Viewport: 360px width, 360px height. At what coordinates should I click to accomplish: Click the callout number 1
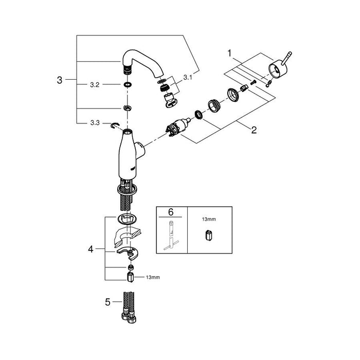[229, 53]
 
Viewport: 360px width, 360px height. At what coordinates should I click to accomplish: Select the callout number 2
[254, 130]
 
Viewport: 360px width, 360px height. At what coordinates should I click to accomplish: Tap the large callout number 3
[60, 80]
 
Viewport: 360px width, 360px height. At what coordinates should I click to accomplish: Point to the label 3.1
[188, 78]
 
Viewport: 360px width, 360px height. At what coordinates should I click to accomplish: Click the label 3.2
[95, 85]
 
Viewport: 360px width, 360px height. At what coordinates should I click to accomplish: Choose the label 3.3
[95, 123]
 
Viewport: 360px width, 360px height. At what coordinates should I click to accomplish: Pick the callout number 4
[91, 249]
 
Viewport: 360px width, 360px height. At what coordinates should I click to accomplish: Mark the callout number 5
[107, 302]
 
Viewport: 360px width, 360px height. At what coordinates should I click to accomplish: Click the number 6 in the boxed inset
[171, 212]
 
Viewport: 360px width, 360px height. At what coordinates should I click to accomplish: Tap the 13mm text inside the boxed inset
[209, 219]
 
